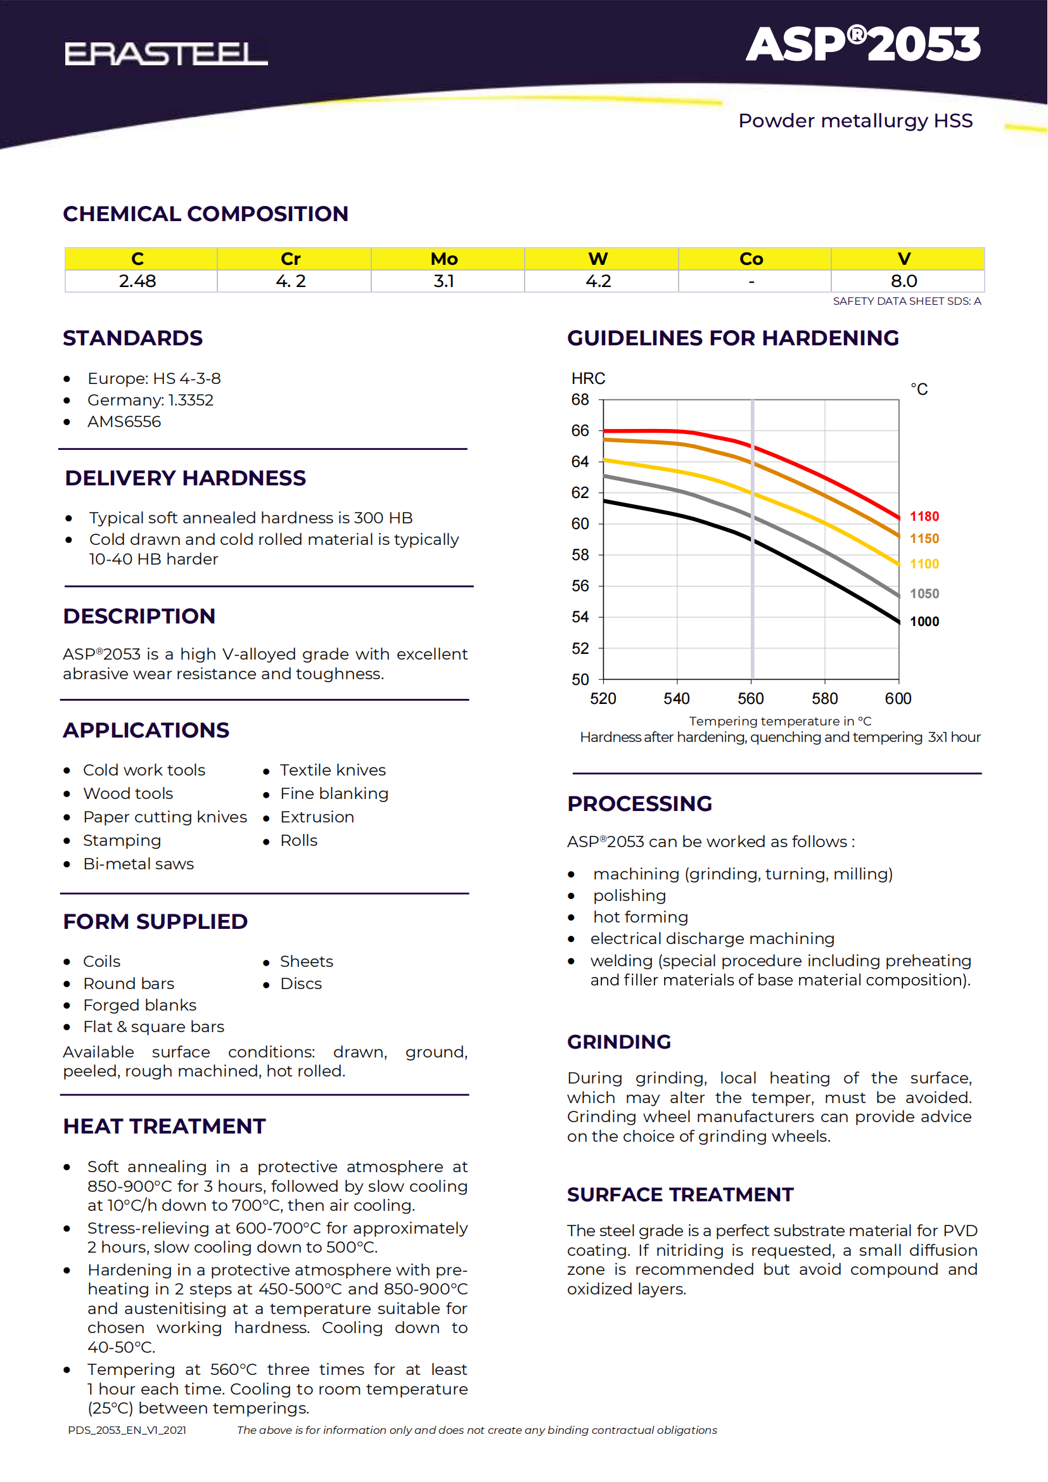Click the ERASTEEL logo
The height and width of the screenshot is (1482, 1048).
coord(166,54)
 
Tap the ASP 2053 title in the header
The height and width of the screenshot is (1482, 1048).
coord(863,44)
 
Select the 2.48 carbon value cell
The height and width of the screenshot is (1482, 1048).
coord(137,281)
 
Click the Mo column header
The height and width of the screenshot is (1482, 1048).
coord(444,259)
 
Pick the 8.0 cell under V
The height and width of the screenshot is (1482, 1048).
coord(904,281)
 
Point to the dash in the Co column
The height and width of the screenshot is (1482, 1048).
coord(751,281)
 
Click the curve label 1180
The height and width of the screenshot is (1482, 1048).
coord(924,516)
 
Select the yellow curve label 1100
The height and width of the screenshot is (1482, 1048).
coord(924,564)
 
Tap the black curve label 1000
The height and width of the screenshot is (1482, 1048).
coord(924,622)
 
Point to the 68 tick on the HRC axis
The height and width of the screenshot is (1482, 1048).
coord(580,400)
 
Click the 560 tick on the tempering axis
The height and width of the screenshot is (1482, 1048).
coord(750,698)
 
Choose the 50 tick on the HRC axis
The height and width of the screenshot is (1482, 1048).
coord(580,680)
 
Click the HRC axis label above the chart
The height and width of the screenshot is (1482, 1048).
coord(588,378)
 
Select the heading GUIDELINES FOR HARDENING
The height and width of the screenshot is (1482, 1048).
coord(732,338)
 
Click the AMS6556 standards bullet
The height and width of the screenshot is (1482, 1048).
coord(124,421)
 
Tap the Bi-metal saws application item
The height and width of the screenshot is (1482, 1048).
coord(138,864)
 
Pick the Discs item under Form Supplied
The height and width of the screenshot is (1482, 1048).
coord(301,984)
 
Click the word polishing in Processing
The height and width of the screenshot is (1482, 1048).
coord(629,895)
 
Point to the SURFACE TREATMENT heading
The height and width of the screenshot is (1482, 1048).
coord(680,1195)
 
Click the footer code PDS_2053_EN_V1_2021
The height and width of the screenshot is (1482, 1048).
coord(127,1431)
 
